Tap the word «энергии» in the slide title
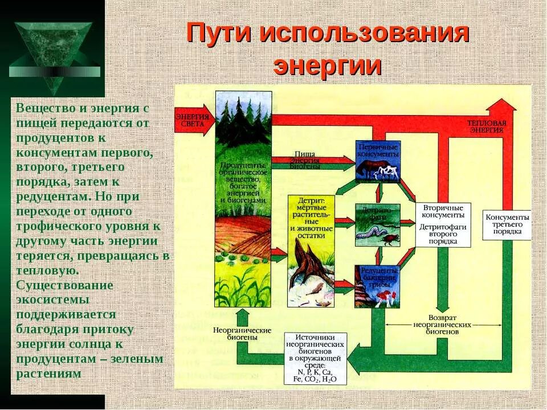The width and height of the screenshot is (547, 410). pyautogui.click(x=327, y=65)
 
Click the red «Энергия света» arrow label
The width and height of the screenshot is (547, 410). pyautogui.click(x=192, y=121)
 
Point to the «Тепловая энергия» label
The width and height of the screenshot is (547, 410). pyautogui.click(x=486, y=126)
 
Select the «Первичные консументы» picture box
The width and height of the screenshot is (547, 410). pyautogui.click(x=378, y=161)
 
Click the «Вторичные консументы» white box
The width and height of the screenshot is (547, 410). pyautogui.click(x=443, y=224)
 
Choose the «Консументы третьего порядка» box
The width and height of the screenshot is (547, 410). pyautogui.click(x=507, y=224)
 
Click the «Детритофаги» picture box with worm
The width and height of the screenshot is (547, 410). pyautogui.click(x=377, y=225)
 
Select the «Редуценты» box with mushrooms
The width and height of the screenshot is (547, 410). pyautogui.click(x=377, y=286)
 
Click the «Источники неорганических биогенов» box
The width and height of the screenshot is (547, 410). pyautogui.click(x=315, y=358)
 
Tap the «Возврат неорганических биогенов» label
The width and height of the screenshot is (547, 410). pyautogui.click(x=450, y=323)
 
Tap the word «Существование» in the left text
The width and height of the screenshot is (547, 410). pyautogui.click(x=65, y=285)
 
